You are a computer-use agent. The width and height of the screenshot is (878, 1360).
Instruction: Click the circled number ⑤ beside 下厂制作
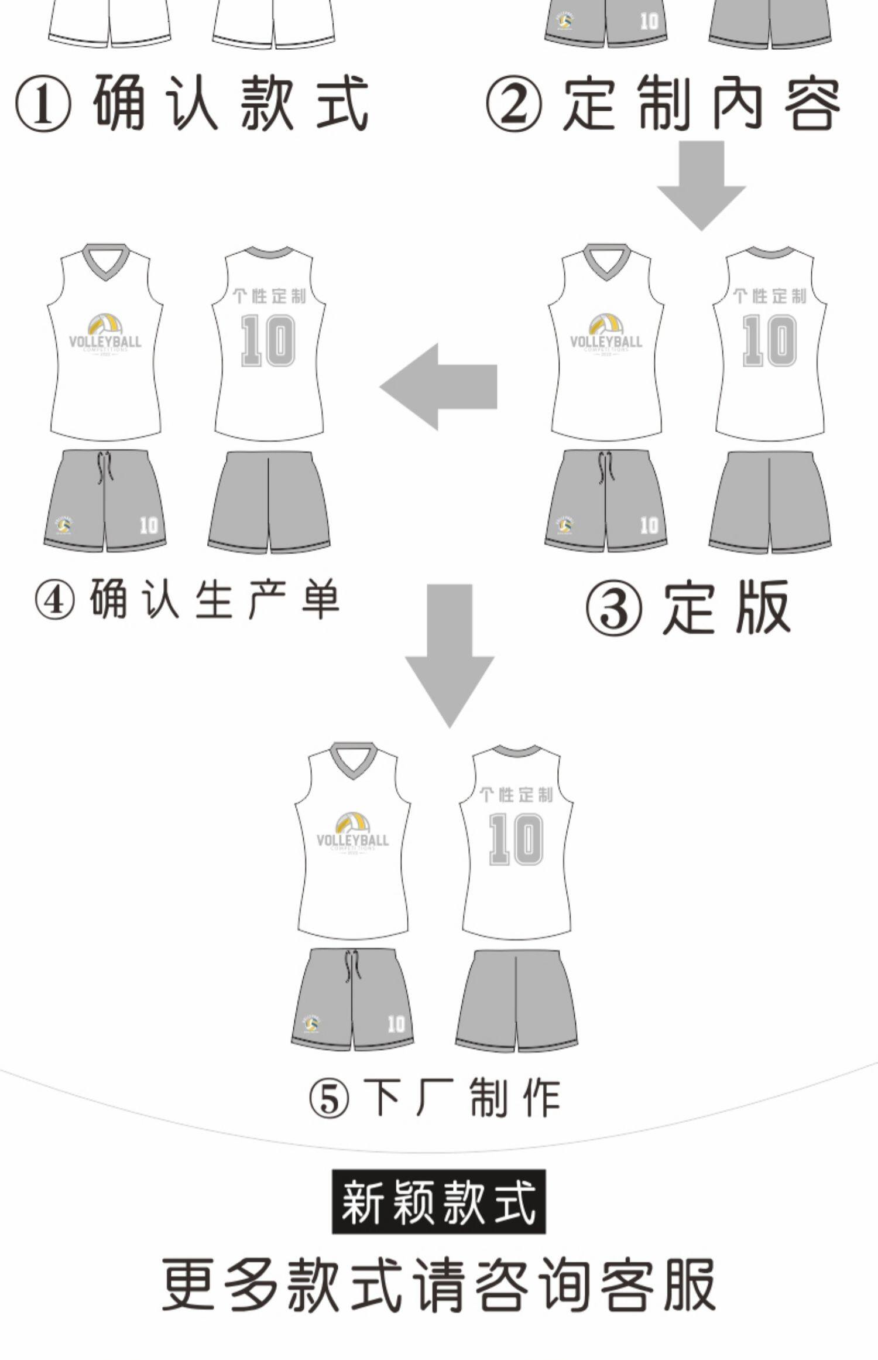(328, 1099)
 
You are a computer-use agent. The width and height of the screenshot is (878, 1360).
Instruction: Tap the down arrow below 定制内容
(701, 185)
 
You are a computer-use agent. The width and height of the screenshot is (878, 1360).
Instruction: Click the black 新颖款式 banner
(438, 1202)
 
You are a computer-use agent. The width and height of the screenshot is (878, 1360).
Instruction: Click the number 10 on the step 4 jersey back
(268, 340)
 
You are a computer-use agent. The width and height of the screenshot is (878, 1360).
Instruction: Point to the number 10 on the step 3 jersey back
(769, 340)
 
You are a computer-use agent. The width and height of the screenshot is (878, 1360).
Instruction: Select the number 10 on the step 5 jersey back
(516, 839)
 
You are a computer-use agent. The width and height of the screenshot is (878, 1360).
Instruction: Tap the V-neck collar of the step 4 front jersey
(105, 262)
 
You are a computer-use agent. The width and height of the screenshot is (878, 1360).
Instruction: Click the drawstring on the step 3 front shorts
(606, 467)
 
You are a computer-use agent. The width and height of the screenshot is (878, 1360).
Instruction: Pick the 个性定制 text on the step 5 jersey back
(516, 795)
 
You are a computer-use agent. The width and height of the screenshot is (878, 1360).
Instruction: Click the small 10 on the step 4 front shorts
(149, 525)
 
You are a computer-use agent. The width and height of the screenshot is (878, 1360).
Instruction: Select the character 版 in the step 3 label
(763, 608)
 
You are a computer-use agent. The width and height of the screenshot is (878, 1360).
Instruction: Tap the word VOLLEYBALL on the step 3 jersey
(606, 341)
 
